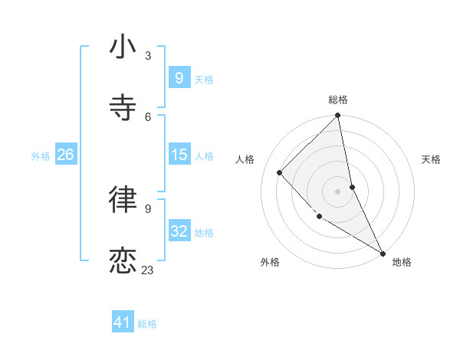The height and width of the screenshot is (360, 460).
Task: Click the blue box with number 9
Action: (x=179, y=78)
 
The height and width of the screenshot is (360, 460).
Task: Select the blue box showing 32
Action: (x=179, y=232)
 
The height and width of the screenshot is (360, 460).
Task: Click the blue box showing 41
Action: (x=123, y=323)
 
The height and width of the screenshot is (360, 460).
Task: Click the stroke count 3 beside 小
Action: (x=148, y=56)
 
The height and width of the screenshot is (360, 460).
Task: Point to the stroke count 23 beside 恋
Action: (x=148, y=270)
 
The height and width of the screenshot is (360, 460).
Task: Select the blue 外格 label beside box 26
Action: (x=41, y=156)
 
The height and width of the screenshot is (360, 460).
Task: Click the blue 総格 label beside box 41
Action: (x=147, y=324)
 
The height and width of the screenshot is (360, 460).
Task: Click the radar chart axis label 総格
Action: (x=338, y=100)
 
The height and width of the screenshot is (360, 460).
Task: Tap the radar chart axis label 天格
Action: (x=431, y=159)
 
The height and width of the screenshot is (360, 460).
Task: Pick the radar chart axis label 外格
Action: (x=269, y=263)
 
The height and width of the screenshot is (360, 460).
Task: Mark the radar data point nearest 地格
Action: (x=383, y=253)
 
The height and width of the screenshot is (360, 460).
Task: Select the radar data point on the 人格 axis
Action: (x=280, y=172)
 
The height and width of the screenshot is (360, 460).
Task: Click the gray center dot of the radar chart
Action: (x=337, y=191)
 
